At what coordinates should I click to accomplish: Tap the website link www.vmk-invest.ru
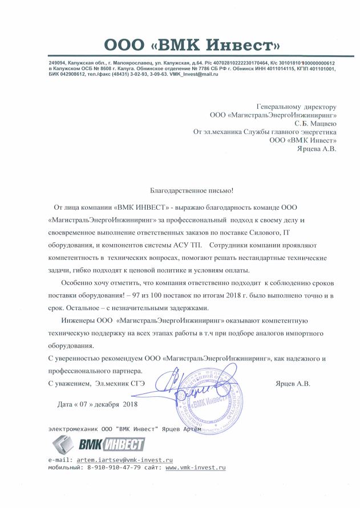[196, 467]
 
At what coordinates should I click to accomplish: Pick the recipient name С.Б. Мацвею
[315, 123]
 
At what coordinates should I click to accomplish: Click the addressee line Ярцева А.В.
[317, 149]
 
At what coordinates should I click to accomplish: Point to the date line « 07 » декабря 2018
[98, 404]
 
